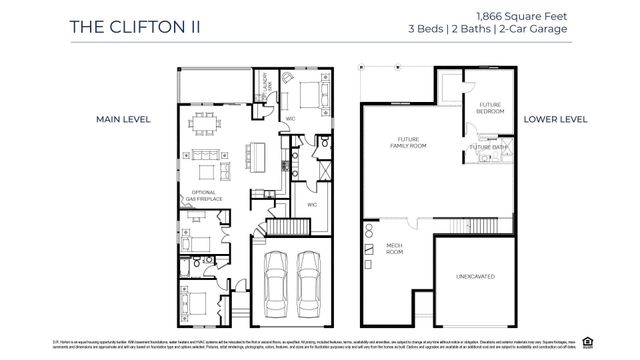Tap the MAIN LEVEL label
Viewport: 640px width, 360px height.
[x=122, y=119]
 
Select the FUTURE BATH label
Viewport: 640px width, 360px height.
[x=489, y=148]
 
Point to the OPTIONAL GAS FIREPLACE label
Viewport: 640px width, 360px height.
[x=202, y=195]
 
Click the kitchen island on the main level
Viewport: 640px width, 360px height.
[x=257, y=157]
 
